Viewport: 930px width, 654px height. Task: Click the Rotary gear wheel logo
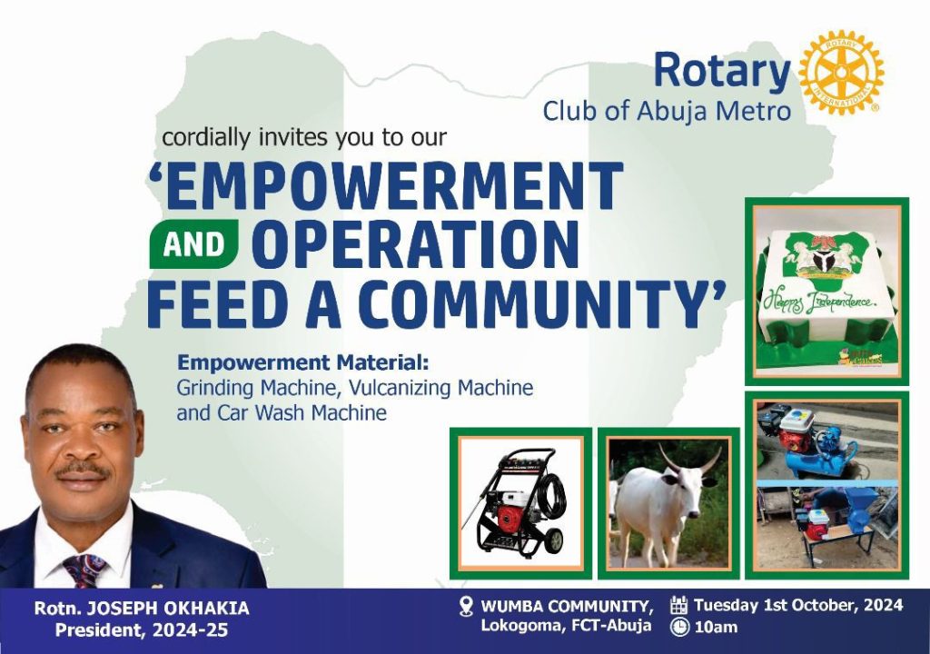[x=841, y=73]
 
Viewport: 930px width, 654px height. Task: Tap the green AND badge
[x=194, y=245]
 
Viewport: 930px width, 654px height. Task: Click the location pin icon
[x=467, y=607]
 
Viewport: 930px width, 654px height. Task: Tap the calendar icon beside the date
[x=678, y=605]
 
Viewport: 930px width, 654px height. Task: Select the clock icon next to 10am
[x=679, y=627]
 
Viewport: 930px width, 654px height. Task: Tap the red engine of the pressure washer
[x=510, y=517]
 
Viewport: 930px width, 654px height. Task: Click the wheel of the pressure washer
[x=555, y=540]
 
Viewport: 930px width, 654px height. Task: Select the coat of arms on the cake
[x=822, y=259]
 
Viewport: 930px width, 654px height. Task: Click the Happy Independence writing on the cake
[x=818, y=301]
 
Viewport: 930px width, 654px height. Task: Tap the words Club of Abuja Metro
[x=668, y=111]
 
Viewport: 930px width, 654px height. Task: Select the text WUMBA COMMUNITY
[x=568, y=607]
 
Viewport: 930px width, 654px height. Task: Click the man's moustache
[x=83, y=471]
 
